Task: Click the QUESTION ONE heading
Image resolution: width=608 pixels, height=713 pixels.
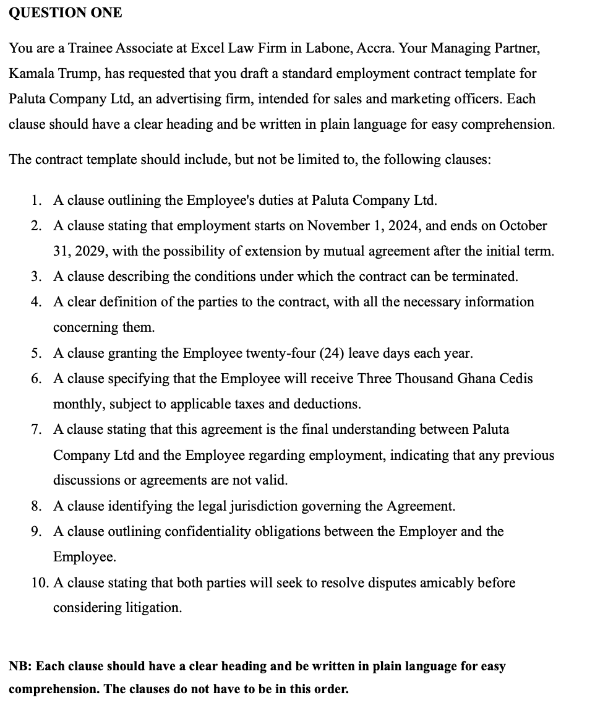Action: click(66, 12)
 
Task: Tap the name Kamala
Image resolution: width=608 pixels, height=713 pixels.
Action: click(30, 73)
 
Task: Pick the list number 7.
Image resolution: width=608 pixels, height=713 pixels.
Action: click(36, 430)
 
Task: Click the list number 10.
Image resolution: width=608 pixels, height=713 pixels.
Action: click(38, 582)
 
